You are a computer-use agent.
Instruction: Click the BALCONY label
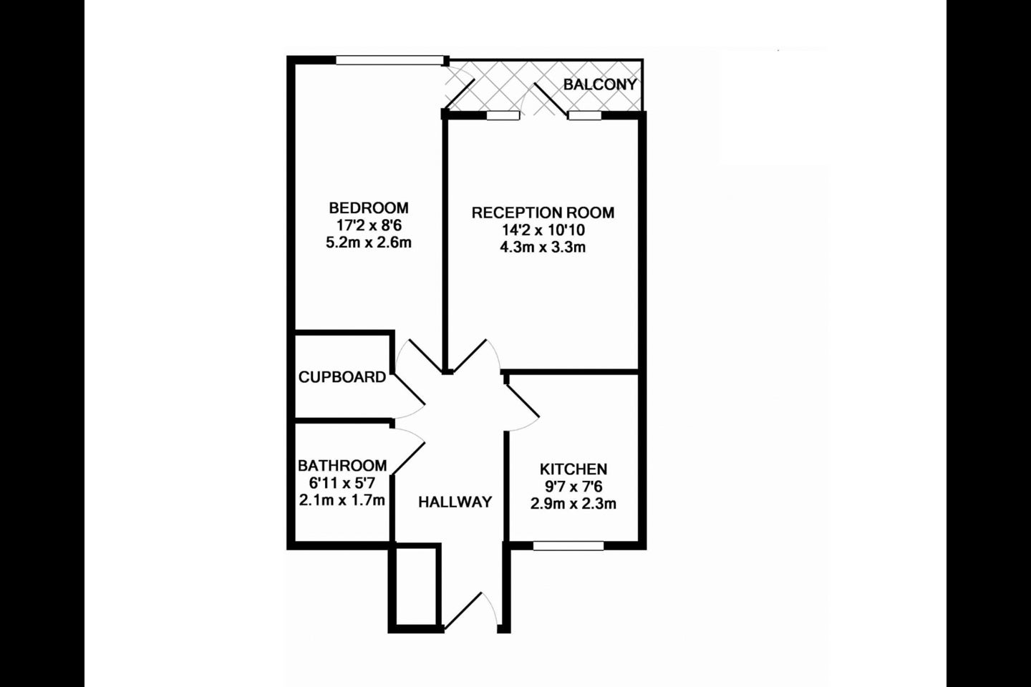click(x=600, y=84)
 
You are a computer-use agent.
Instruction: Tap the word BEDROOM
click(x=369, y=208)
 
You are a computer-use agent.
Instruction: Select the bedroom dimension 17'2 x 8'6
click(x=369, y=225)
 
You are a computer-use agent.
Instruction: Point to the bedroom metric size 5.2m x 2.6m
click(x=369, y=243)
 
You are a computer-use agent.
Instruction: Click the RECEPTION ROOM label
click(x=543, y=213)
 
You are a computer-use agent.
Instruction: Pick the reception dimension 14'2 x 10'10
click(x=543, y=230)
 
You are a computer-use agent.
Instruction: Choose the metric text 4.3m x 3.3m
click(x=543, y=248)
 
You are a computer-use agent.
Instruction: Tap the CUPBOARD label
click(x=342, y=377)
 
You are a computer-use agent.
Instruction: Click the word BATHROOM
click(x=342, y=466)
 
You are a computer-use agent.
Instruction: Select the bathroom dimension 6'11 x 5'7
click(x=342, y=483)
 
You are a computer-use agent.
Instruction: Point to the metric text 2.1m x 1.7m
click(x=342, y=500)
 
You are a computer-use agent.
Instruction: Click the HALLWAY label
click(x=455, y=502)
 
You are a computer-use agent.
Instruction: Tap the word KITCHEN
click(x=573, y=469)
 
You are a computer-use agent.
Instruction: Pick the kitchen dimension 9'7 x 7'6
click(x=573, y=487)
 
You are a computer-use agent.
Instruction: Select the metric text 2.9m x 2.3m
click(x=573, y=504)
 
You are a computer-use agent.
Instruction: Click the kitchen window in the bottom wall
click(x=568, y=546)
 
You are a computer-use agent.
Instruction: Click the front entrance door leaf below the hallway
click(x=462, y=610)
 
